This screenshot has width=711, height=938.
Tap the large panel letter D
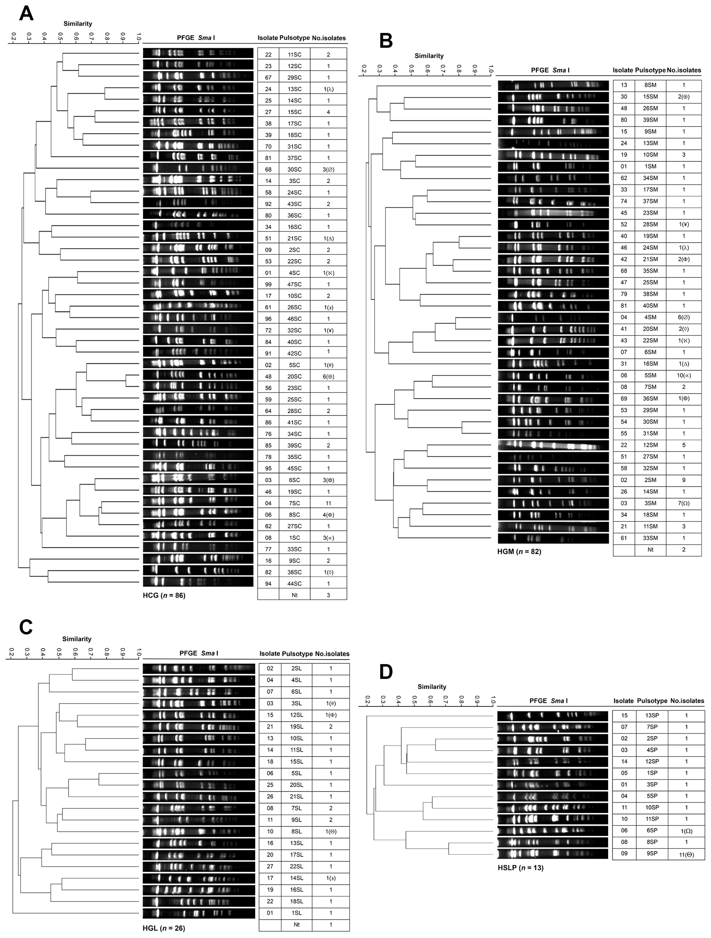pyautogui.click(x=386, y=672)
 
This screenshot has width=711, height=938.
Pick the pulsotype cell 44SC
pyautogui.click(x=294, y=583)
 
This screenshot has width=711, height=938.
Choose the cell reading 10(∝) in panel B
pyautogui.click(x=683, y=375)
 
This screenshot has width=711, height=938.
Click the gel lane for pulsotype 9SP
pyautogui.click(x=553, y=854)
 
